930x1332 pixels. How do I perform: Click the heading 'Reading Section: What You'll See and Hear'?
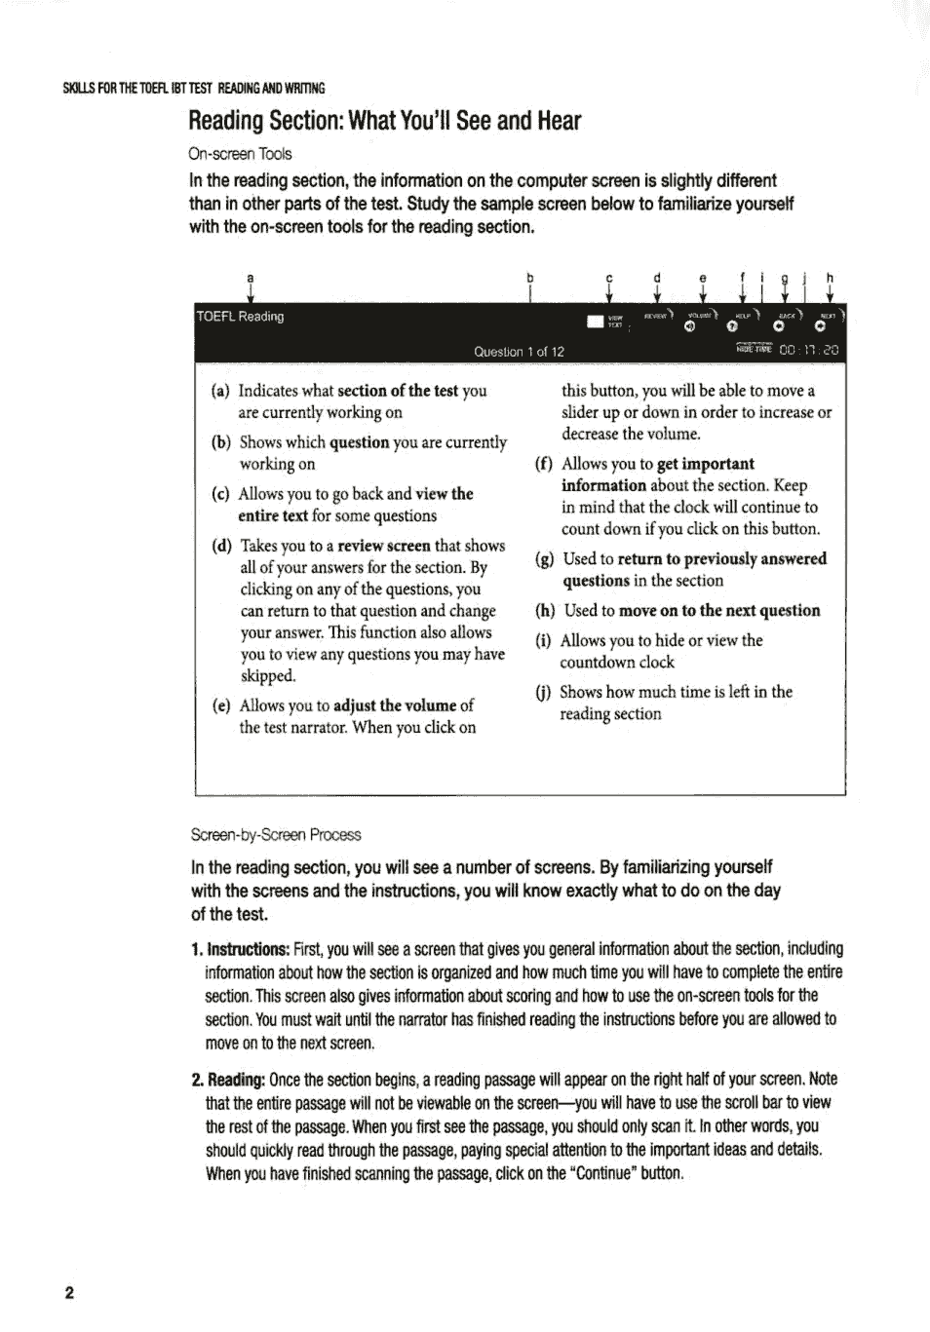(384, 122)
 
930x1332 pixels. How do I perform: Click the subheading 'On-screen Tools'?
(240, 154)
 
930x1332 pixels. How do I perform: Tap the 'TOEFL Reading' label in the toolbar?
(240, 317)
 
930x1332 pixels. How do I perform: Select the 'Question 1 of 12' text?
(519, 352)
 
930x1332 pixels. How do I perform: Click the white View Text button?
(596, 322)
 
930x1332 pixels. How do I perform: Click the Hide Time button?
(754, 349)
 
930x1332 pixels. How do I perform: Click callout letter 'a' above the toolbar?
(251, 278)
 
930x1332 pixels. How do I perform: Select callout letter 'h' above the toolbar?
(830, 278)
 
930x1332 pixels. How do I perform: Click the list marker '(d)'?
(221, 546)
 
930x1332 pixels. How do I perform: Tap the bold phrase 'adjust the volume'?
(395, 705)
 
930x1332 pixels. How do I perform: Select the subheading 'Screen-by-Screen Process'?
(276, 835)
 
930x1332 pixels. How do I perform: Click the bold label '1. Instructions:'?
(240, 949)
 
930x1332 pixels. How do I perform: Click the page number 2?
(69, 1294)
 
